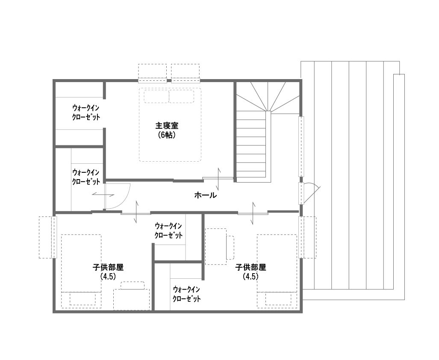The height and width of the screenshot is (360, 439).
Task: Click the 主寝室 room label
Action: pyautogui.click(x=167, y=126)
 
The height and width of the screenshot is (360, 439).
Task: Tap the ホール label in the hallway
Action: pyautogui.click(x=206, y=195)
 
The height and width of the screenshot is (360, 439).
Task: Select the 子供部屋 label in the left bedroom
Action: pyautogui.click(x=108, y=268)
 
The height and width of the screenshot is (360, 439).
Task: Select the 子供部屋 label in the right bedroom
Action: pyautogui.click(x=250, y=268)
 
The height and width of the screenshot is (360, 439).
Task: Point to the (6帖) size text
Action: pyautogui.click(x=167, y=135)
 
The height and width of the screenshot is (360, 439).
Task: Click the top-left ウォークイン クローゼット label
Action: pyautogui.click(x=86, y=112)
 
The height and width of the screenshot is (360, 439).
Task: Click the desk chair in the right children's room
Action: pyautogui.click(x=230, y=247)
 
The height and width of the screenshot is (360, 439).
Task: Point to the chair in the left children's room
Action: pyautogui.click(x=133, y=285)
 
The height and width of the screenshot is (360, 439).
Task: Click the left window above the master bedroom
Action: pyautogui.click(x=152, y=73)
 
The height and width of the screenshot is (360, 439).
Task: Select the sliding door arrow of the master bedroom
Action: pyautogui.click(x=218, y=179)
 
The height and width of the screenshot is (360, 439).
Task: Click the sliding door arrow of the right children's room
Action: pyautogui.click(x=253, y=212)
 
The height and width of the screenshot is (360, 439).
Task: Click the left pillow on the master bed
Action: pyautogui.click(x=156, y=96)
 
